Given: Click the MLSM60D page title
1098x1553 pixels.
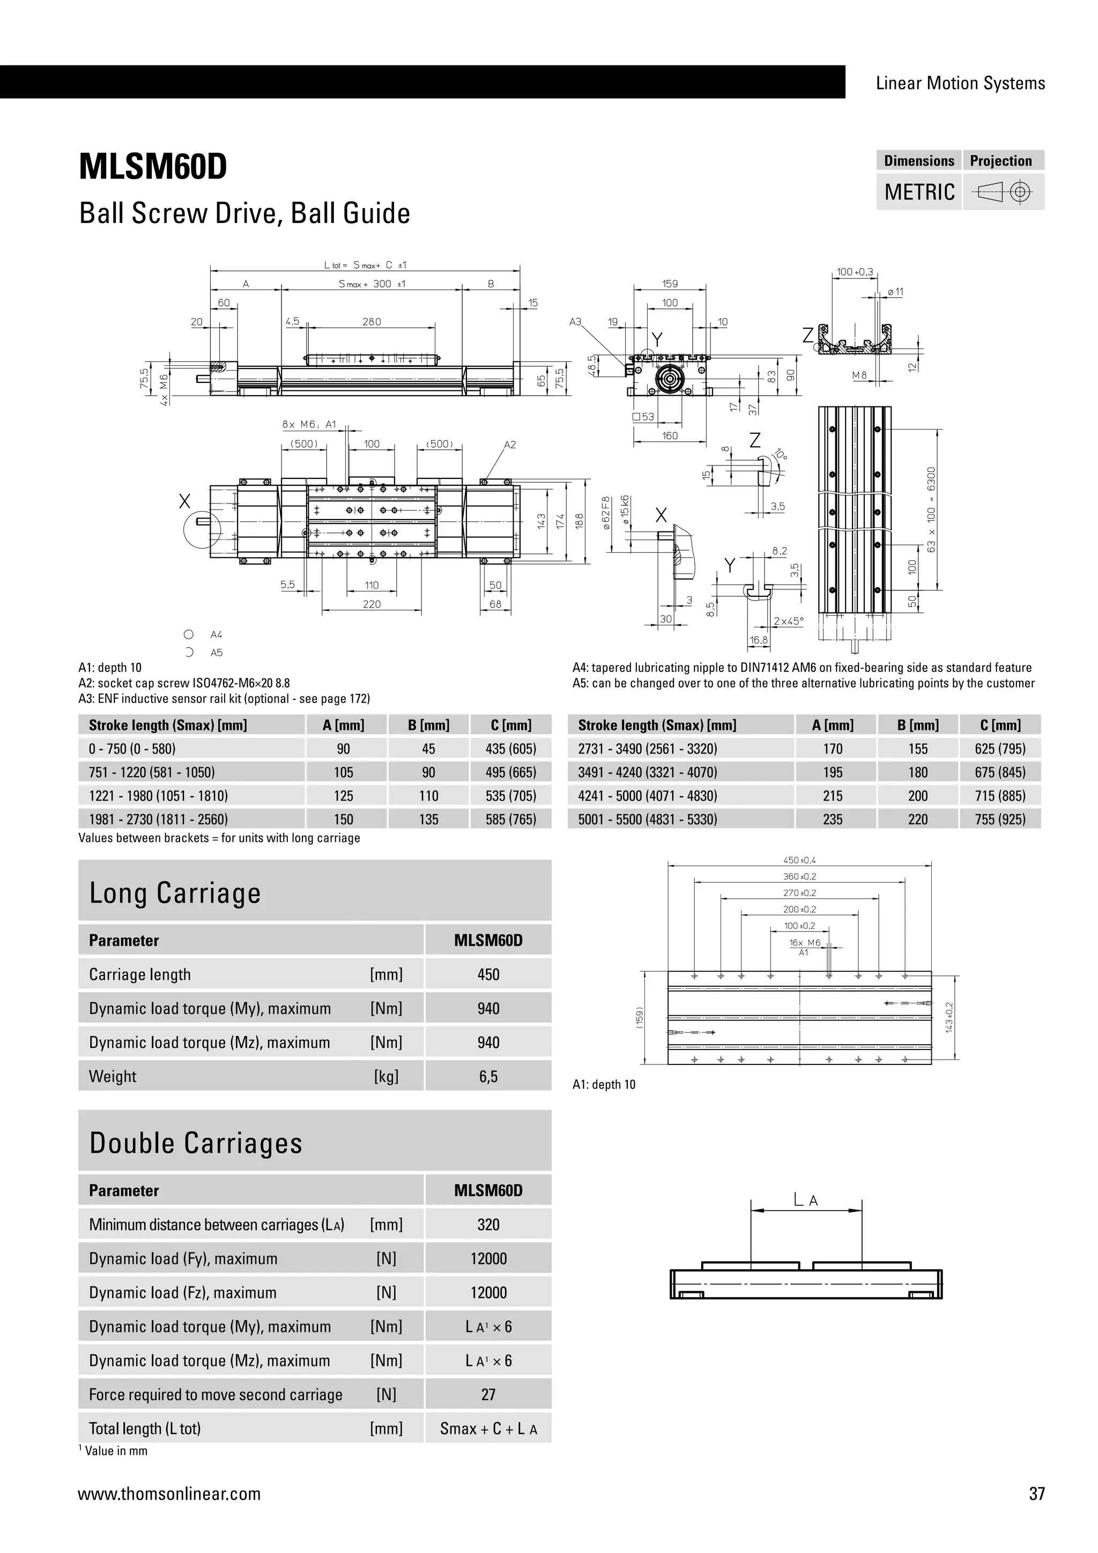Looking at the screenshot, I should click(153, 166).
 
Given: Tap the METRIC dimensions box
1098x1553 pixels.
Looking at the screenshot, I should click(919, 192).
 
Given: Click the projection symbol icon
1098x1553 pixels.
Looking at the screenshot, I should click(1003, 193).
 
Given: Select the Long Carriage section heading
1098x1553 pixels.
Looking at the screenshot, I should click(175, 893).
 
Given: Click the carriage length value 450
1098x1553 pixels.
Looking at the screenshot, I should click(488, 975).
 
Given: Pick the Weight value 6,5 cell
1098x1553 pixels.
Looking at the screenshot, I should click(488, 1076).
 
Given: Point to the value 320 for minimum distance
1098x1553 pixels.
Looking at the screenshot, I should click(488, 1225).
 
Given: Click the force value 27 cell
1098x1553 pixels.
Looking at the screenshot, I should click(488, 1395).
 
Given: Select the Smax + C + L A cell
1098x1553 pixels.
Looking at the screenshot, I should click(488, 1429).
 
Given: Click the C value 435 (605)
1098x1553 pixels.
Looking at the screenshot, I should click(510, 749).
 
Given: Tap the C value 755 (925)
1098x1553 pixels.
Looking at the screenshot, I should click(1000, 819).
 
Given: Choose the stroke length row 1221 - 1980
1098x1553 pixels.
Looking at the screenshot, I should click(158, 795).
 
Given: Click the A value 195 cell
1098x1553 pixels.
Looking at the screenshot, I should click(832, 772).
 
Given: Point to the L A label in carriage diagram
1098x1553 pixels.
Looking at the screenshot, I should click(806, 1201).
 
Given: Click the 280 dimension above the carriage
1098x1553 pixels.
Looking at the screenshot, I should click(371, 322).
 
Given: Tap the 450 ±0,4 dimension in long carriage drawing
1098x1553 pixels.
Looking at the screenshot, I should click(799, 860).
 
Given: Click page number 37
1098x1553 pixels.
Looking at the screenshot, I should click(1036, 1494).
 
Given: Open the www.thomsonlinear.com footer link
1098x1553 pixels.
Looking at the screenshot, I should click(169, 1494).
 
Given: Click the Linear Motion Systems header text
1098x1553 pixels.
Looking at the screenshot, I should click(960, 83).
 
